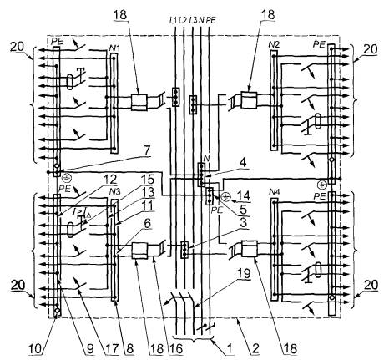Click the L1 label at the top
pos(173,20)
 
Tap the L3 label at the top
pos(193,20)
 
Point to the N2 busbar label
pos(274,44)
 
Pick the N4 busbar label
pos(275,192)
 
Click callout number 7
pos(147,150)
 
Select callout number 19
pos(244,274)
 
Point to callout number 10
pos(35,348)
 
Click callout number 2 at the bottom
pos(255,348)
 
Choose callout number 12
pos(109,180)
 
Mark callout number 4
pos(243,163)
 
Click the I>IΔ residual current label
pos(82,213)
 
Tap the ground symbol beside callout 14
pos(225,197)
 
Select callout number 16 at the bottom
pos(175,348)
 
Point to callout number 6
pos(147,223)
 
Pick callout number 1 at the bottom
pos(229,348)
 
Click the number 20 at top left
pos(18,47)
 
